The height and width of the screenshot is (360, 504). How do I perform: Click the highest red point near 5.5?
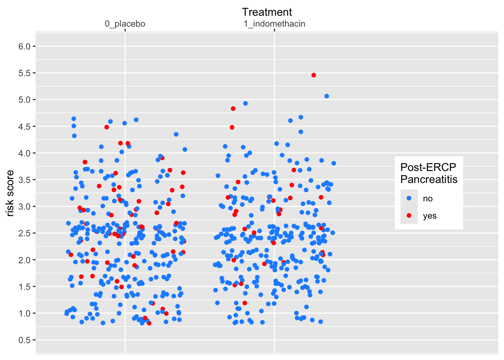(x=314, y=75)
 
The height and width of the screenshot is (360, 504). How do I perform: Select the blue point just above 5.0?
(x=327, y=96)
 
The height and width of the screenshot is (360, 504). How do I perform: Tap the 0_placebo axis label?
(x=125, y=24)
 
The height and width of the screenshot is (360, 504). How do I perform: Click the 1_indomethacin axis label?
(x=274, y=24)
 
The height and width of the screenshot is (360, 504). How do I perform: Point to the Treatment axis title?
(x=267, y=12)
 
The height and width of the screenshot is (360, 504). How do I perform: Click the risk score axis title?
(x=10, y=193)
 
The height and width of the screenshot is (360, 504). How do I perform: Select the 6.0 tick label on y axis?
(x=24, y=46)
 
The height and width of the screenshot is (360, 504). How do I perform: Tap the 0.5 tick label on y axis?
(x=24, y=340)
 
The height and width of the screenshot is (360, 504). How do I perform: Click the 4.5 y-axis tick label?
(x=24, y=126)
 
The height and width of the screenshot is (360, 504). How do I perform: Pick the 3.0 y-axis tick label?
(x=24, y=207)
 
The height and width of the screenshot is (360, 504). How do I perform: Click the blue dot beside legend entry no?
(x=409, y=198)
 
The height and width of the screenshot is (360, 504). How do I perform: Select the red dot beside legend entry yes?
(x=409, y=215)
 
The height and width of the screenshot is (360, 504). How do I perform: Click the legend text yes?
(x=430, y=216)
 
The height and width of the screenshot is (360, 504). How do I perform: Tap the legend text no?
(x=428, y=198)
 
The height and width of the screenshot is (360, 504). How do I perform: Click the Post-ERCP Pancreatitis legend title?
(x=429, y=173)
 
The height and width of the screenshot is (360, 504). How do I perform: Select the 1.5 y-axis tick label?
(x=24, y=286)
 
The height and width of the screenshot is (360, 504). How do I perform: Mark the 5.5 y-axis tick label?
(x=24, y=73)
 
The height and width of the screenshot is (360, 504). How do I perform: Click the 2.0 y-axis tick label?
(x=24, y=260)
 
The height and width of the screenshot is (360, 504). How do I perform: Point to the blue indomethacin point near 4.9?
(x=245, y=103)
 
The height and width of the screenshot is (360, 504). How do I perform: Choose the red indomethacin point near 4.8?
(x=233, y=108)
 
